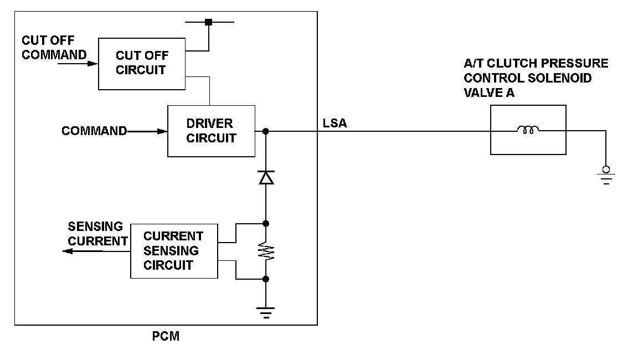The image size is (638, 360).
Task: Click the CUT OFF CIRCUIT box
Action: (142, 63)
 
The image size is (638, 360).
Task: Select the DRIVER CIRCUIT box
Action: (211, 131)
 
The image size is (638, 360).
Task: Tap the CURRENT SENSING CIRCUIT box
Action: (174, 251)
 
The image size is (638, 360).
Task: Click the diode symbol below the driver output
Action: (266, 177)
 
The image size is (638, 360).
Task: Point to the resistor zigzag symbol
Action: (266, 251)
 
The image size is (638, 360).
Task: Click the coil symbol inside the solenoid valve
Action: (528, 131)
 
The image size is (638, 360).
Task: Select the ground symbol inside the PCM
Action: (266, 313)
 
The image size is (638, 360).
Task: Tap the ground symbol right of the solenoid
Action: (606, 176)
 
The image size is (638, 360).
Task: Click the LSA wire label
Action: (335, 123)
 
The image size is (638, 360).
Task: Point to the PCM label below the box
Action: (166, 336)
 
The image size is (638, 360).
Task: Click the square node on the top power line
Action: (208, 22)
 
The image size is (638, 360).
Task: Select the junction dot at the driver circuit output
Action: (266, 131)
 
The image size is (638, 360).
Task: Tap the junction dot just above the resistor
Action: (266, 224)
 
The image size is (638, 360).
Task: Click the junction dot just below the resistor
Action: (266, 279)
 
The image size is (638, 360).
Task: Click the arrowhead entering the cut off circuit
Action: (93, 64)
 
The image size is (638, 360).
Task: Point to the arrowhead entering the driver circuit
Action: (163, 131)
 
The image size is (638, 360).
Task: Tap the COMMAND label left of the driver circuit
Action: (94, 131)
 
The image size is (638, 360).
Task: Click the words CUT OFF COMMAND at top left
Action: (54, 48)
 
